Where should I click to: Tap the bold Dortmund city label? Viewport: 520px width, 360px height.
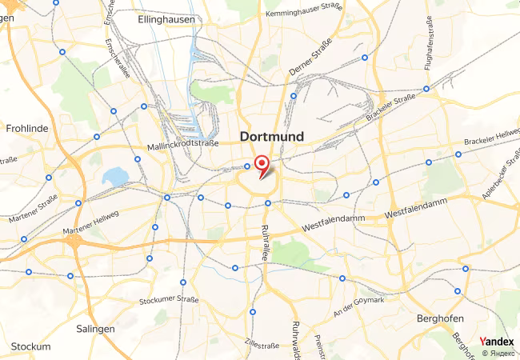click(272, 137)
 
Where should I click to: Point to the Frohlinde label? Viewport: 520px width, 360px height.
click(28, 127)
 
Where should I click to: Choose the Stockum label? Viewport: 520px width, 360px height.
click(31, 346)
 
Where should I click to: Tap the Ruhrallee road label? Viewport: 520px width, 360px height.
click(265, 243)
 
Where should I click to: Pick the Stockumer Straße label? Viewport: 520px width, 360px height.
click(169, 300)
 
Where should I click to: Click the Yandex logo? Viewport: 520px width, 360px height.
click(497, 342)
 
